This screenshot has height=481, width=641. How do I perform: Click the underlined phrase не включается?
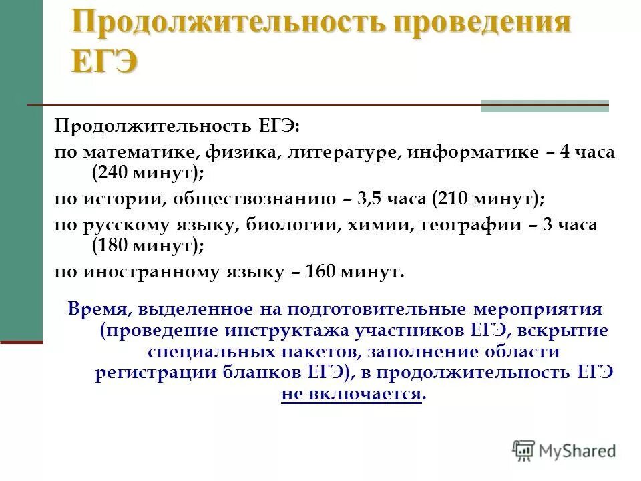tap(352, 393)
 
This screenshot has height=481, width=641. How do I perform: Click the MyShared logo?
tap(564, 451)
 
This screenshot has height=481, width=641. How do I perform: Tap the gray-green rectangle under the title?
tap(544, 106)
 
